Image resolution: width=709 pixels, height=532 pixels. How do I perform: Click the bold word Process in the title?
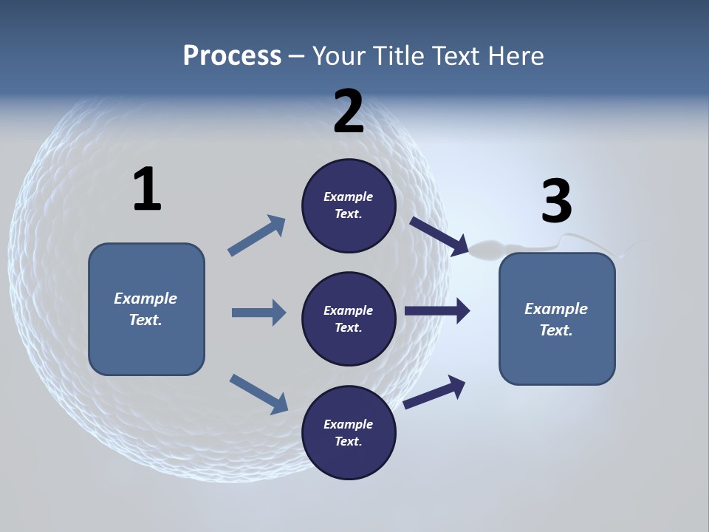(x=232, y=55)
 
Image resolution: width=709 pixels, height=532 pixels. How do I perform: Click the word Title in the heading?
(x=400, y=55)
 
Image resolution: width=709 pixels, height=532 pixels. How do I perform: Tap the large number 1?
(x=147, y=190)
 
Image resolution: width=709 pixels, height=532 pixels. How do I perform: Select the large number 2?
(x=349, y=112)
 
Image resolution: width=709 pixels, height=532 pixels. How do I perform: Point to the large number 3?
(x=556, y=201)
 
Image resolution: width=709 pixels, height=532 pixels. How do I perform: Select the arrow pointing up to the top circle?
(x=258, y=236)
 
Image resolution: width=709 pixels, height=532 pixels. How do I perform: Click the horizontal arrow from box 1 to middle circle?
(x=258, y=313)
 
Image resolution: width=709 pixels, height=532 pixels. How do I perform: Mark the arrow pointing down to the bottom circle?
(x=258, y=393)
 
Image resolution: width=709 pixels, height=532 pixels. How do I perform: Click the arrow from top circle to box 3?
(x=439, y=236)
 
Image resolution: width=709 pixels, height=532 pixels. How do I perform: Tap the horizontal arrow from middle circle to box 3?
(x=437, y=311)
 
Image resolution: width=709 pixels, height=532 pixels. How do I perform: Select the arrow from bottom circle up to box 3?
(x=434, y=392)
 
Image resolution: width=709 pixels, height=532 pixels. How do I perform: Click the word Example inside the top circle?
(x=349, y=197)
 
